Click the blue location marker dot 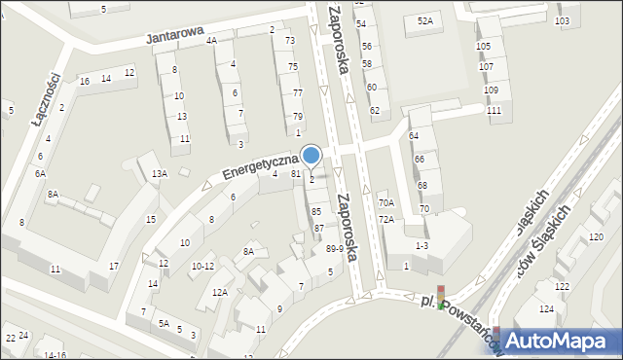pos(311,155)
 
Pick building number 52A pos(424,20)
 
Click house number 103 pos(561,20)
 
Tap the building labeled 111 pos(494,110)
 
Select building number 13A pos(159,173)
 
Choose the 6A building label pos(40,173)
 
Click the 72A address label pos(386,220)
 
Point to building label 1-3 pos(421,245)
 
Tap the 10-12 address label pos(202,266)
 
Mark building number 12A pos(220,292)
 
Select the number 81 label pos(295,173)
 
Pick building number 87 pos(318,228)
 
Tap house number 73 pos(290,41)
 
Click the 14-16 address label pos(55,355)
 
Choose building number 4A pos(211,41)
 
